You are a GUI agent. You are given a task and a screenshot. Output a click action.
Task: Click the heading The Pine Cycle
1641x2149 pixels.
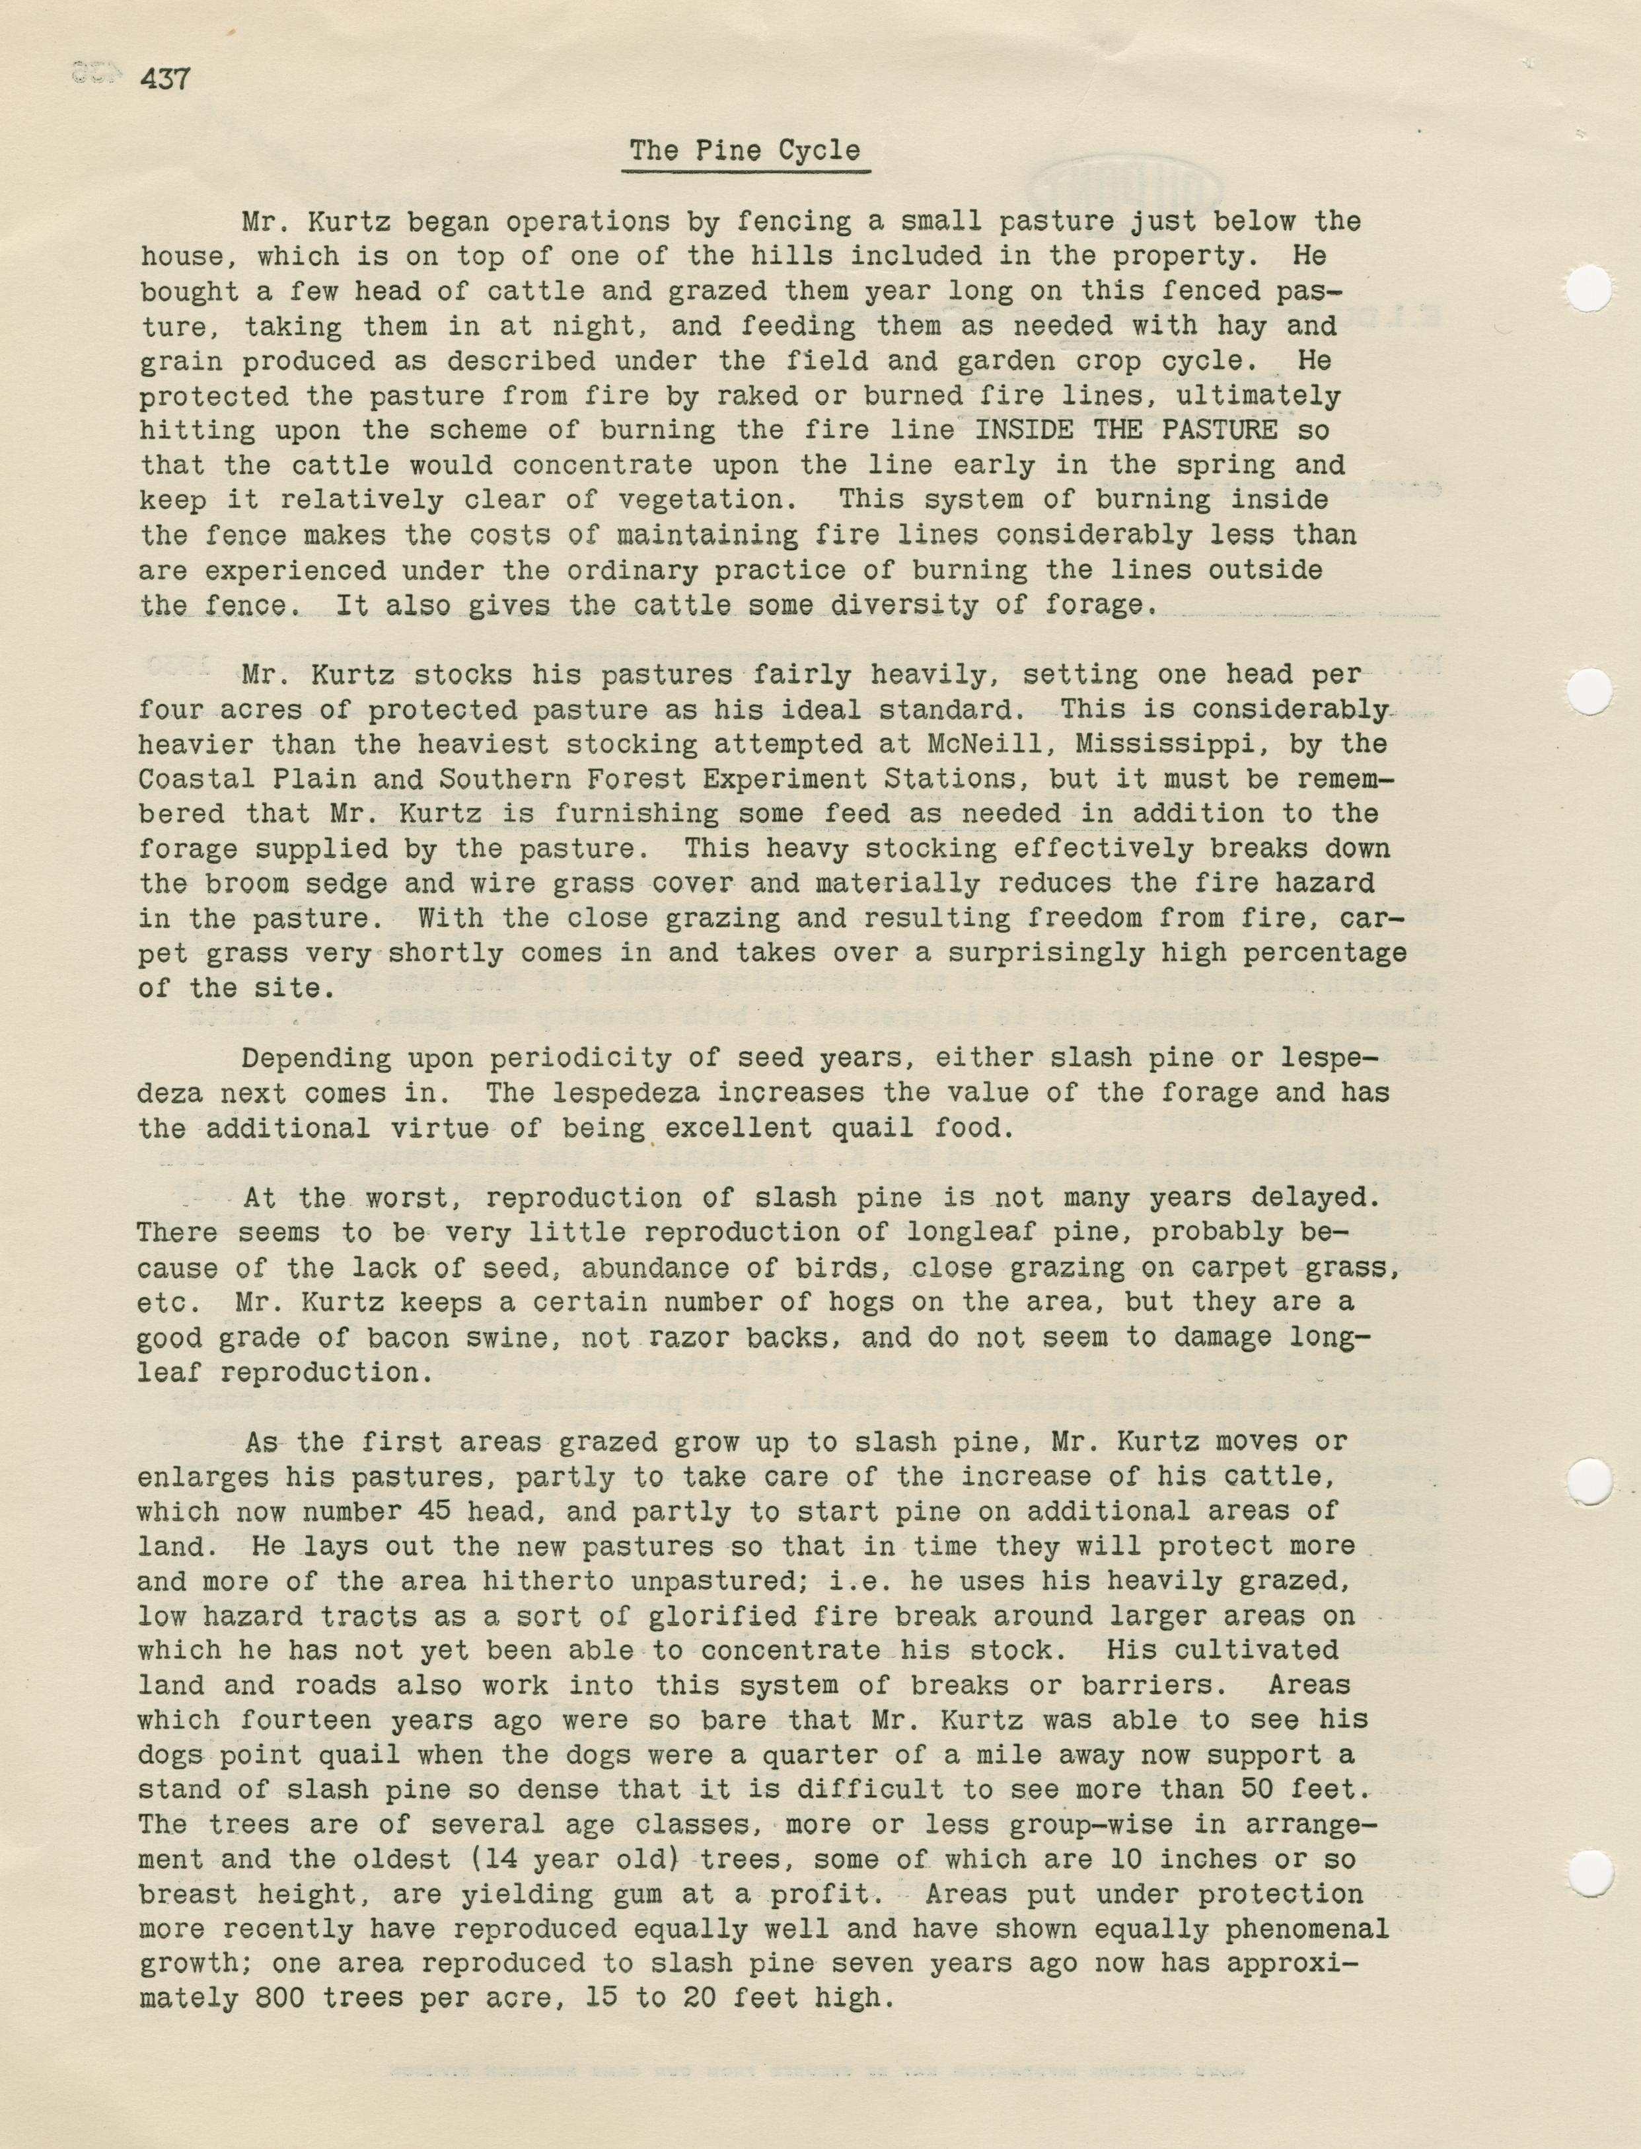click(x=745, y=151)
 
